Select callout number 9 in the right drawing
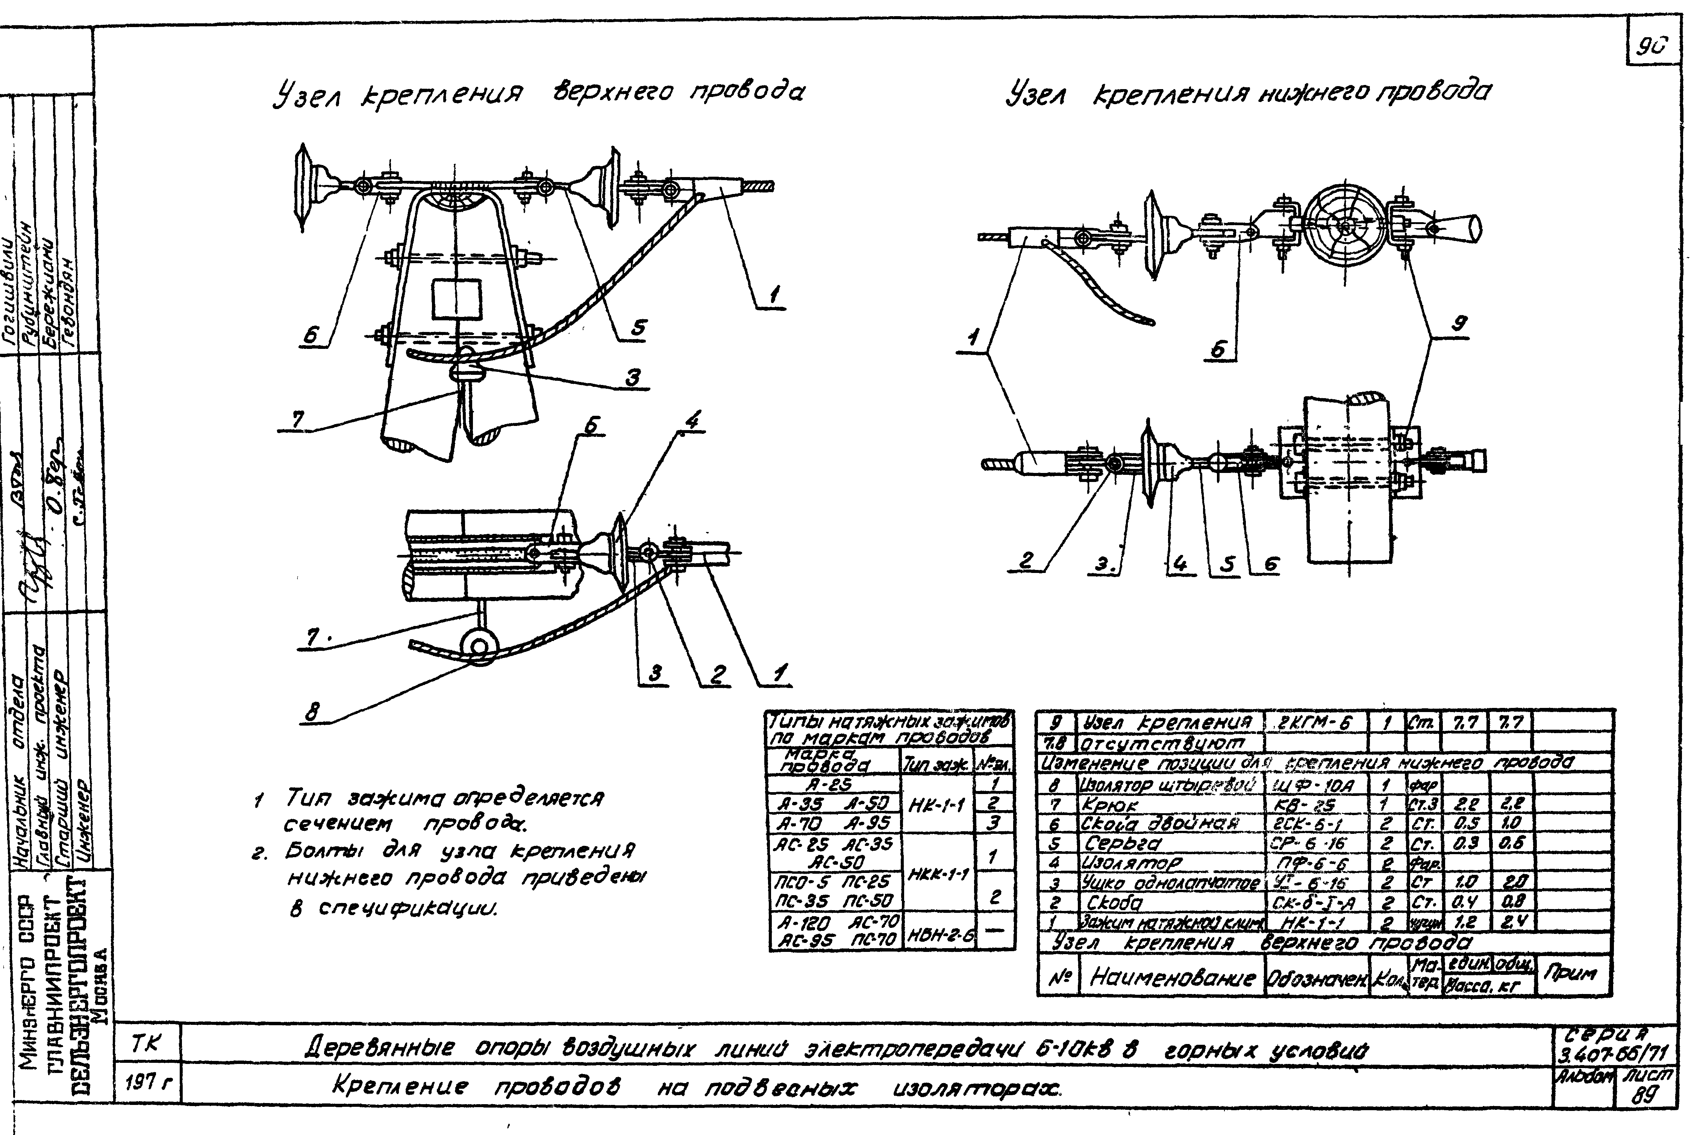coord(1459,325)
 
